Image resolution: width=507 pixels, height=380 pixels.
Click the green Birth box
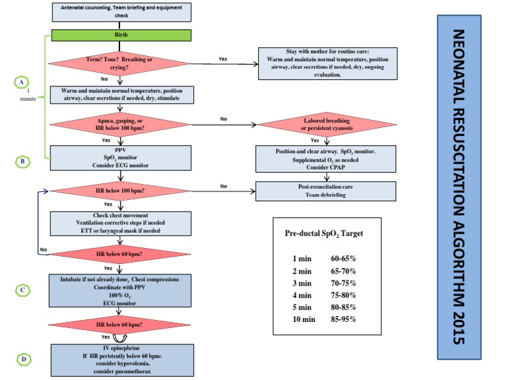pyautogui.click(x=121, y=35)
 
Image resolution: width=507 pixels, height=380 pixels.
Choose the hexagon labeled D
pyautogui.click(x=23, y=359)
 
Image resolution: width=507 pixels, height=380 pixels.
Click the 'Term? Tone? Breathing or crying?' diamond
pyautogui.click(x=121, y=63)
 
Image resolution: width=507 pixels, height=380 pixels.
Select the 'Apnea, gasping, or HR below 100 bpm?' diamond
pyautogui.click(x=121, y=125)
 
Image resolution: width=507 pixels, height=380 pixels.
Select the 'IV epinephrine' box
pyautogui.click(x=121, y=360)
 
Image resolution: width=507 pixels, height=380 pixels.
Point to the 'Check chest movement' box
pyautogui.click(x=121, y=223)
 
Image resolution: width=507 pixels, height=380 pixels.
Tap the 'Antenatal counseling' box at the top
pyautogui.click(x=121, y=11)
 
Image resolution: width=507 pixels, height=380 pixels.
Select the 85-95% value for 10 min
pyautogui.click(x=344, y=319)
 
